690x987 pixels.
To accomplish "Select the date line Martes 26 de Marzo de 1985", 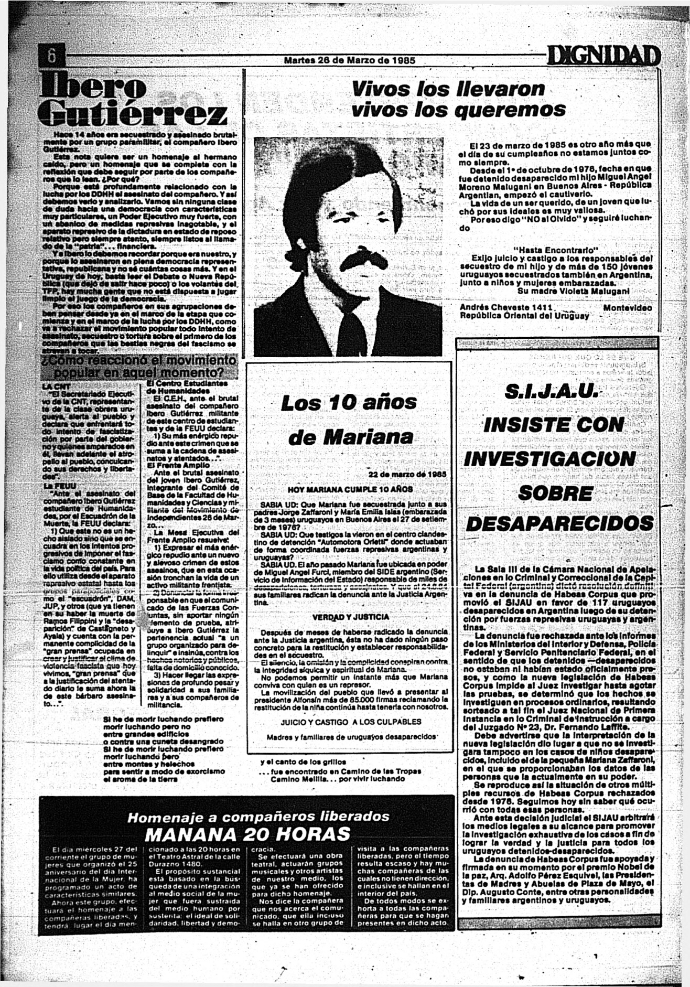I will [349, 60].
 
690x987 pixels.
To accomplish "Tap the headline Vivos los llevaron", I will [448, 89].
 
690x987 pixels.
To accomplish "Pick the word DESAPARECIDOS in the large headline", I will [560, 523].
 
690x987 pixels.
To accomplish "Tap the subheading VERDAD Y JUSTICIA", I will [351, 617].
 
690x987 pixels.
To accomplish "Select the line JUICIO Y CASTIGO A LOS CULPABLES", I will [351, 722].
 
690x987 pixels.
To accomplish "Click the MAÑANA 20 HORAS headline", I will [247, 834].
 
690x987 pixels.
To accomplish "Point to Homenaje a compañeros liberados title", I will [259, 817].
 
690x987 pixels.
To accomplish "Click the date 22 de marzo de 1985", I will [407, 474].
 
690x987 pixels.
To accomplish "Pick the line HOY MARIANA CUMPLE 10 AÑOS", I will [351, 489].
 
